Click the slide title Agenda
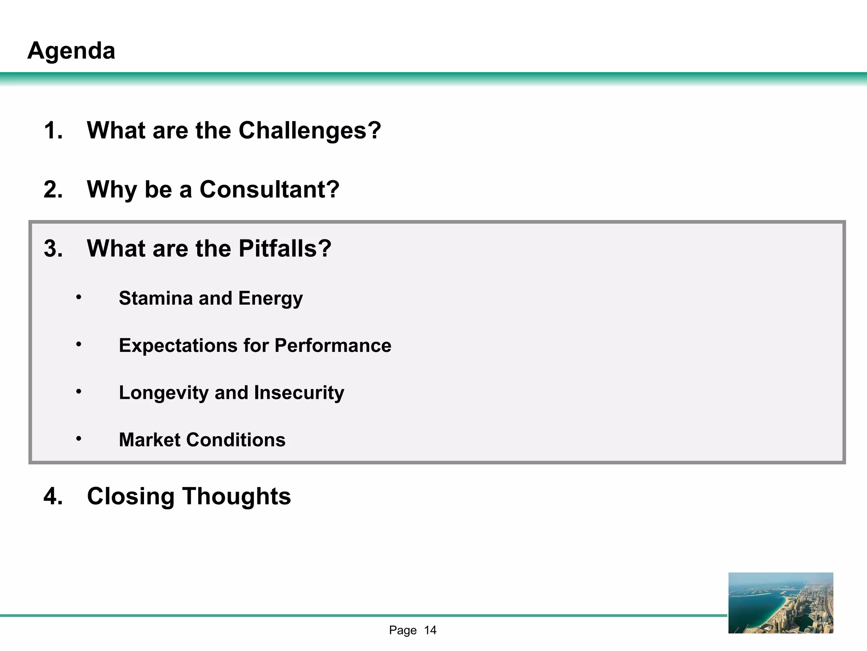pyautogui.click(x=71, y=51)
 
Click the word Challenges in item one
pyautogui.click(x=309, y=130)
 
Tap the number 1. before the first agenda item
pyautogui.click(x=53, y=130)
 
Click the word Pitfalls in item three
pyautogui.click(x=285, y=248)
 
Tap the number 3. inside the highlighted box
pyautogui.click(x=53, y=248)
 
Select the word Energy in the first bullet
pyautogui.click(x=271, y=299)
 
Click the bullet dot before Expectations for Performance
pyautogui.click(x=79, y=345)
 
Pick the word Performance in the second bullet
pyautogui.click(x=333, y=345)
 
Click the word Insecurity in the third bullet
pyautogui.click(x=299, y=393)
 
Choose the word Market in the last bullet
pyautogui.click(x=150, y=440)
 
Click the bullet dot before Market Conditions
pyautogui.click(x=79, y=439)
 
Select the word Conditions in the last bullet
pyautogui.click(x=236, y=440)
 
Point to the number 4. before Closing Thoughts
pyautogui.click(x=53, y=496)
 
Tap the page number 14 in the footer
pyautogui.click(x=430, y=631)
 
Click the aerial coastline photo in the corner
pyautogui.click(x=781, y=603)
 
